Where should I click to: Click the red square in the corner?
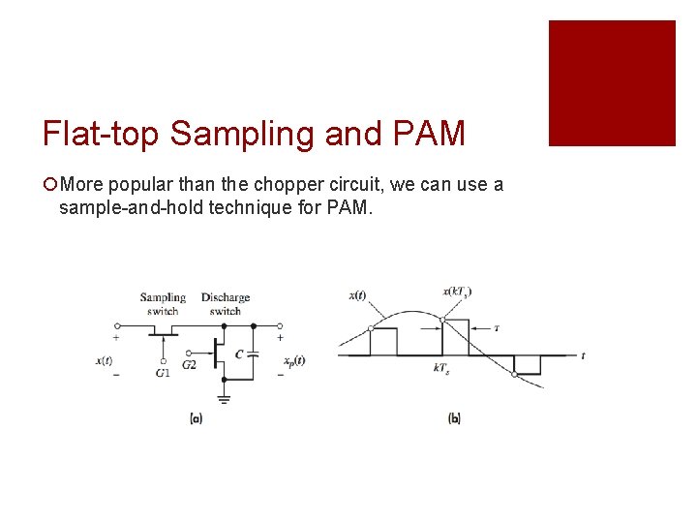(x=612, y=83)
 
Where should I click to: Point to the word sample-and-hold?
(x=127, y=207)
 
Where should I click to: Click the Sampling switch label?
(x=162, y=304)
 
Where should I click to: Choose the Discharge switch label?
(x=225, y=304)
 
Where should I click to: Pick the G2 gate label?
(x=189, y=364)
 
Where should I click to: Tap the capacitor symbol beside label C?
(x=254, y=354)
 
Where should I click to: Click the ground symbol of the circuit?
(x=224, y=397)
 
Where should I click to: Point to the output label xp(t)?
(x=293, y=361)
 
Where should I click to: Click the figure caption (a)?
(x=196, y=418)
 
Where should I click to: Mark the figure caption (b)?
(x=454, y=418)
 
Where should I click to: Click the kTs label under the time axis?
(x=440, y=368)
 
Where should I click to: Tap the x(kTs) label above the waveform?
(x=457, y=292)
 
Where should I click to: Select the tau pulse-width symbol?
(x=497, y=328)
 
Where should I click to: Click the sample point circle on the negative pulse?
(x=513, y=373)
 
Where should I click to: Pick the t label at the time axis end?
(x=582, y=355)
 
